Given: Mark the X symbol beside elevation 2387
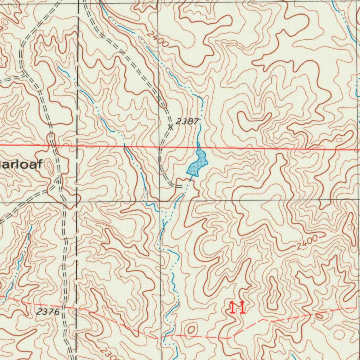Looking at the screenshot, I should [171, 127].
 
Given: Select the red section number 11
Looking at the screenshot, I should [237, 308].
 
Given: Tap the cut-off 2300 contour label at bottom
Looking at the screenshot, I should [110, 353].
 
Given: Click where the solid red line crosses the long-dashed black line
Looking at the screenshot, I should [78, 145].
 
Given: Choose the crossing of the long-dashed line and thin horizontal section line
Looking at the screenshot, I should [78, 202].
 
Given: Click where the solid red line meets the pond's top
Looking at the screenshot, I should [198, 147].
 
